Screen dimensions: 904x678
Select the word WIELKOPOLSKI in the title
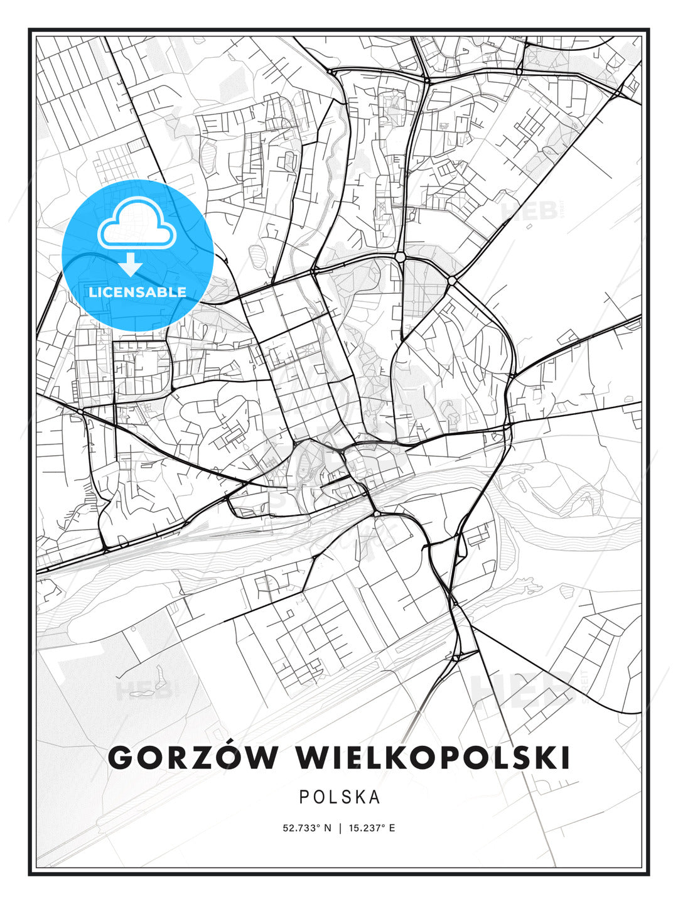pyautogui.click(x=433, y=758)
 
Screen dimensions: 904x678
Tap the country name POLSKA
pyautogui.click(x=340, y=797)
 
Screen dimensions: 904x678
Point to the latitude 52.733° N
pyautogui.click(x=307, y=828)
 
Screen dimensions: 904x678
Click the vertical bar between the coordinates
pyautogui.click(x=340, y=828)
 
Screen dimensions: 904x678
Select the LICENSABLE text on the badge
pyautogui.click(x=137, y=292)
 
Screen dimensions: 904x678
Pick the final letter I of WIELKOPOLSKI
pyautogui.click(x=566, y=758)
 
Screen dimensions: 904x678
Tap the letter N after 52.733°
pyautogui.click(x=327, y=828)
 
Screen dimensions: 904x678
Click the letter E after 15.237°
pyautogui.click(x=392, y=828)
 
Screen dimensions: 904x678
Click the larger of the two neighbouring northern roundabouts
pyautogui.click(x=401, y=257)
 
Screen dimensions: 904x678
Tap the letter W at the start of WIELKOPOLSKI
pyautogui.click(x=313, y=758)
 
